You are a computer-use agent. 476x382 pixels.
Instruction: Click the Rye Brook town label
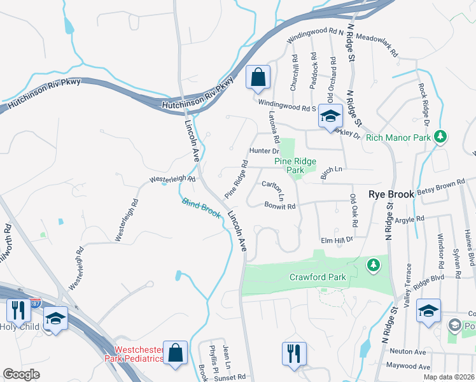392,194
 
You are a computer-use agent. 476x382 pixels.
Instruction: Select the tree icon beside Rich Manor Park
439,136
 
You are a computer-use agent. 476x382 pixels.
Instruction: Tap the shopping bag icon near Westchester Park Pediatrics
174,353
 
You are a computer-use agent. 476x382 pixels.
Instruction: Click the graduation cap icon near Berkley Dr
330,116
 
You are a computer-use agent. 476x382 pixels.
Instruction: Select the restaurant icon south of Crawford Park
294,353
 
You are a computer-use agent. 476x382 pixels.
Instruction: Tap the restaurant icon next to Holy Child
18,310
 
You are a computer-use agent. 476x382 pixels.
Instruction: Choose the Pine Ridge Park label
295,166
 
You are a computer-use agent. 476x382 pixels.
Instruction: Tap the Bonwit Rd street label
280,206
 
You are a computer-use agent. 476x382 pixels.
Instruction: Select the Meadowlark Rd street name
376,43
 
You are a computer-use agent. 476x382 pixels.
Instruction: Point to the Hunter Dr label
264,151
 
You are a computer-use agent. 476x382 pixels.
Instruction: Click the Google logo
22,374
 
